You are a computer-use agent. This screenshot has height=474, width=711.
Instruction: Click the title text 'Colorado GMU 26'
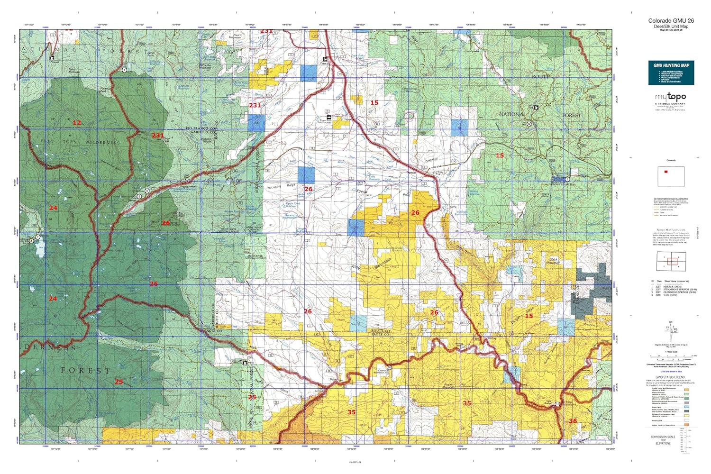pos(671,21)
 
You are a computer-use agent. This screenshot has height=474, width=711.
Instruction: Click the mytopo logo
pos(670,97)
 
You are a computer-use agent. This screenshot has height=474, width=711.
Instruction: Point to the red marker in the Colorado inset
pos(666,172)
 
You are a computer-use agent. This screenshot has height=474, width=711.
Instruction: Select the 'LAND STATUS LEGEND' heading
pos(670,377)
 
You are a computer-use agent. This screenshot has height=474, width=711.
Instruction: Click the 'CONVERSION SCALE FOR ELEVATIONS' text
pos(663,440)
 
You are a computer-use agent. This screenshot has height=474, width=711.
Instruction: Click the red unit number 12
pos(77,123)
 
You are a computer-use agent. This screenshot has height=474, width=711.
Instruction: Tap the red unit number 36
pos(573,421)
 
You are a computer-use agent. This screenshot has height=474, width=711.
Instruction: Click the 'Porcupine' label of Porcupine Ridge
pos(274,187)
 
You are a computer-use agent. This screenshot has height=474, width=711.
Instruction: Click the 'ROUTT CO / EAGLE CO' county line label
pos(380,332)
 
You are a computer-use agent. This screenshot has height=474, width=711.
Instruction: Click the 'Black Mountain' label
pos(554,261)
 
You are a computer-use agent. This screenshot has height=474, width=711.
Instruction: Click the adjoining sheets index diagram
pos(670,262)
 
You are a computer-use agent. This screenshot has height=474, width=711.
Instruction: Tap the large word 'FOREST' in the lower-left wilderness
pos(85,370)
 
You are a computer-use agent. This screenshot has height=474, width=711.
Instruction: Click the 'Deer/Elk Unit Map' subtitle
pos(671,27)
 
